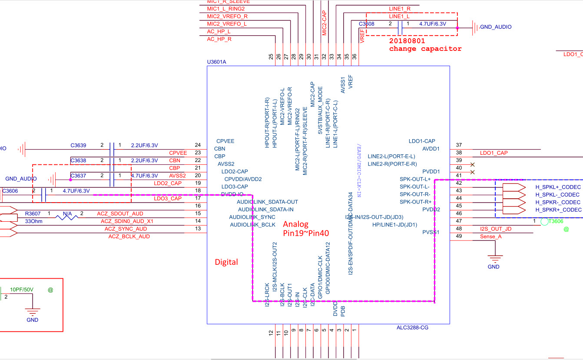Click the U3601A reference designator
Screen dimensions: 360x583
click(x=217, y=62)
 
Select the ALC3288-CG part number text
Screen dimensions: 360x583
click(x=412, y=327)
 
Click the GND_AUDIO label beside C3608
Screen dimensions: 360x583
click(x=496, y=27)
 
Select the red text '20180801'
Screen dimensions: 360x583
click(x=407, y=40)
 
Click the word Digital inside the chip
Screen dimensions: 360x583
click(x=226, y=262)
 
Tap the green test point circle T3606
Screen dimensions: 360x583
click(x=545, y=222)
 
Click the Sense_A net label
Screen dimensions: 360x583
click(x=490, y=237)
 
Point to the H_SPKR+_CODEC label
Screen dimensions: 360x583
click(x=558, y=210)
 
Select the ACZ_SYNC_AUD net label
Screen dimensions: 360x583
click(x=126, y=229)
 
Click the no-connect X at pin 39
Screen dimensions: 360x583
click(x=473, y=164)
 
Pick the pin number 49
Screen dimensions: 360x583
click(x=459, y=236)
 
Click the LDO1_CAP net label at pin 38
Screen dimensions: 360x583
click(x=494, y=153)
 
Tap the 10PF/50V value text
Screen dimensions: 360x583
click(x=22, y=290)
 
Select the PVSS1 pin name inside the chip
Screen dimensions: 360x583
click(x=431, y=232)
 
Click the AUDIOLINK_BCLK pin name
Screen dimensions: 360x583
click(x=252, y=225)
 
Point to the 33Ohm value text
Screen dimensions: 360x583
click(x=33, y=221)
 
